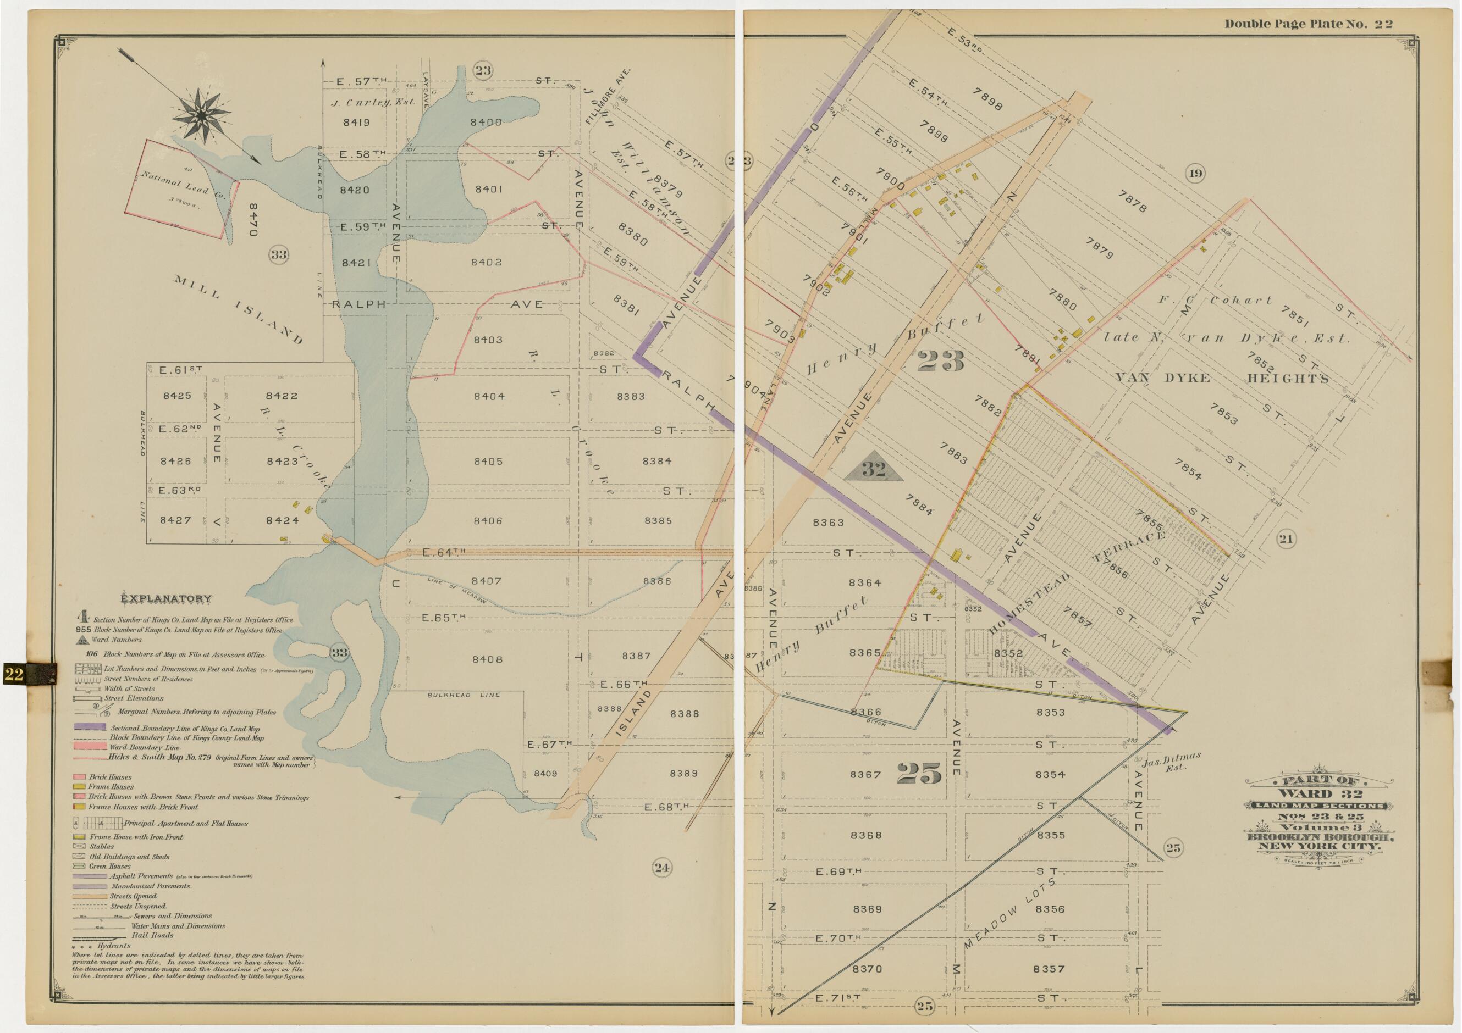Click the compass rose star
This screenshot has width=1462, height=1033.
[x=201, y=115]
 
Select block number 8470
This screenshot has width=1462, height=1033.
[x=253, y=220]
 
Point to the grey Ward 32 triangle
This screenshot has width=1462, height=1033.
[x=874, y=470]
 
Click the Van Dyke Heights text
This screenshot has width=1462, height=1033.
[x=1222, y=378]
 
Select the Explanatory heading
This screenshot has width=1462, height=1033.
[x=166, y=598]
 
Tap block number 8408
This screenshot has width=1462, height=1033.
[x=487, y=659]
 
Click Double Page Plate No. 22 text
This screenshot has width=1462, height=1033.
[x=1309, y=24]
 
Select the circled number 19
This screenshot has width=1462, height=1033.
[x=1195, y=173]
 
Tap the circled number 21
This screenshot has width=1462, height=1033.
[x=1286, y=539]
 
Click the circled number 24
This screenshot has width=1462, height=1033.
[x=661, y=867]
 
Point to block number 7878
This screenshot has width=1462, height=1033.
[x=1132, y=202]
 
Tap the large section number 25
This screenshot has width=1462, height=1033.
[x=919, y=773]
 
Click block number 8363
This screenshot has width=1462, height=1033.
[x=828, y=523]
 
